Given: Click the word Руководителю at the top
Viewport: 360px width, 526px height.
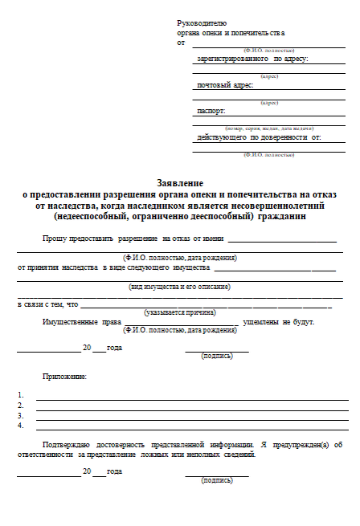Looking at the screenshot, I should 202,24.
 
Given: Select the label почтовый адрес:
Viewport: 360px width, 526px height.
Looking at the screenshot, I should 225,84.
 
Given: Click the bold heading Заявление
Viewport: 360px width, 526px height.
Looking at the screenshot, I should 180,184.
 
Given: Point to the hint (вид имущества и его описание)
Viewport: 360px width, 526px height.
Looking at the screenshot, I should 180,287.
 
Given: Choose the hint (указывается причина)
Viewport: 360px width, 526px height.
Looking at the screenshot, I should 180,312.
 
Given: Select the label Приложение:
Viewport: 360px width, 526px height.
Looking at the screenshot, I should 64,376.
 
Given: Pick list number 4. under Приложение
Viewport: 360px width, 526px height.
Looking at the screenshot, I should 20,426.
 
